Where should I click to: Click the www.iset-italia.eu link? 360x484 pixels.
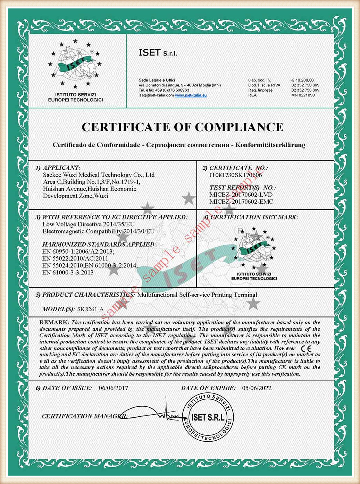point(191,95)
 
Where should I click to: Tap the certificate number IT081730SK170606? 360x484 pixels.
point(235,175)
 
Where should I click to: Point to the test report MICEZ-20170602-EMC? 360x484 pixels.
point(241,202)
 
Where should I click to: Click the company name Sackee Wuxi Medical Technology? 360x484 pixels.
point(99,175)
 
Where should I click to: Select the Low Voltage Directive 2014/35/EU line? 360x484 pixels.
point(88,224)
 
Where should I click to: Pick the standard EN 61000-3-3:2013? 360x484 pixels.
point(68,272)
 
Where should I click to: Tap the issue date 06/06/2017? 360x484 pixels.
point(113,388)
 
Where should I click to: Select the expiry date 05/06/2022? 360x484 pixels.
point(257,388)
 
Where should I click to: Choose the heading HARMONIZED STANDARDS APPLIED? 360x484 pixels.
point(99,244)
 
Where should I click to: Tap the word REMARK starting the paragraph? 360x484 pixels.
point(54,322)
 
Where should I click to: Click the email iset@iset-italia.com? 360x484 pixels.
point(156,95)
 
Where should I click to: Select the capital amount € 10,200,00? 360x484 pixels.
point(302,80)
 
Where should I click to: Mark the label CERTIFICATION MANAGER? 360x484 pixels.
point(84,416)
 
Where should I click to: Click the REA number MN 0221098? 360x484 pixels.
point(303,95)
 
